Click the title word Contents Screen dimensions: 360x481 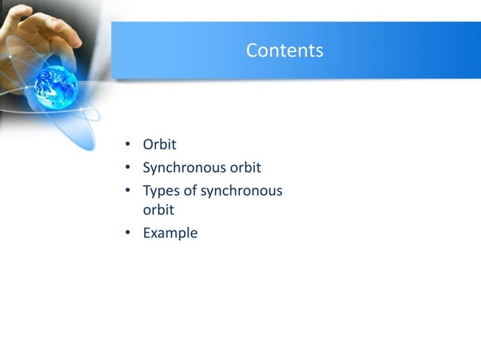(x=284, y=50)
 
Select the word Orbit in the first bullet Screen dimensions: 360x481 (x=159, y=145)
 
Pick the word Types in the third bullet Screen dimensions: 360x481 (x=161, y=191)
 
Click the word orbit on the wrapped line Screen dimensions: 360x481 (x=158, y=210)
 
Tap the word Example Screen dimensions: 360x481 (x=170, y=233)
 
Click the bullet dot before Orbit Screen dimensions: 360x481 (x=128, y=145)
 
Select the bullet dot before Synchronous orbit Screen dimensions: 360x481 (x=128, y=168)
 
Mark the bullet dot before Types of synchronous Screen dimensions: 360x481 (x=128, y=191)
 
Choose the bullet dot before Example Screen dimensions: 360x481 (x=128, y=233)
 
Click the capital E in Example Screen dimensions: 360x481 (x=147, y=233)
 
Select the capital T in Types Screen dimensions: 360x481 (x=147, y=191)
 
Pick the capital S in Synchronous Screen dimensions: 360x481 (x=147, y=168)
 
